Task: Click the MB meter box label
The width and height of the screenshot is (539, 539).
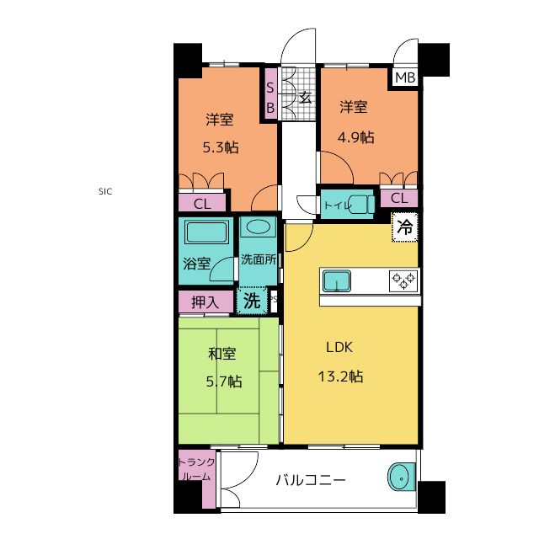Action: (405, 78)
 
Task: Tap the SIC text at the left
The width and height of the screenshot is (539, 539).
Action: (104, 191)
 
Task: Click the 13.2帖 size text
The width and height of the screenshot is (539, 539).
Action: (340, 376)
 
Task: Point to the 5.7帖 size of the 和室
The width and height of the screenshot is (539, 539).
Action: (223, 382)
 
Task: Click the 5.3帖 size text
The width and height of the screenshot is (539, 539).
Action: (220, 147)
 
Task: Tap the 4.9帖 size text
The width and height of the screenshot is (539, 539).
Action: (356, 137)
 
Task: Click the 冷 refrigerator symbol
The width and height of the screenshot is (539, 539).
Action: (405, 227)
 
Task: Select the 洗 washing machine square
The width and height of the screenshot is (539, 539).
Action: (251, 299)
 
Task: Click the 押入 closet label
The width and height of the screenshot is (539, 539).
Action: (204, 301)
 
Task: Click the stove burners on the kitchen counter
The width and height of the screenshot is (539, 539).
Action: (403, 280)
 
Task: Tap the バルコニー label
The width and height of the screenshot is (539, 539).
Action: (311, 482)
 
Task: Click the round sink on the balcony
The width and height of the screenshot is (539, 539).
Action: (402, 478)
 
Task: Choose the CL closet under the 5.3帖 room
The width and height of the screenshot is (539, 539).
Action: (202, 203)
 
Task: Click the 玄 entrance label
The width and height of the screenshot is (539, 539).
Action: (305, 98)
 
